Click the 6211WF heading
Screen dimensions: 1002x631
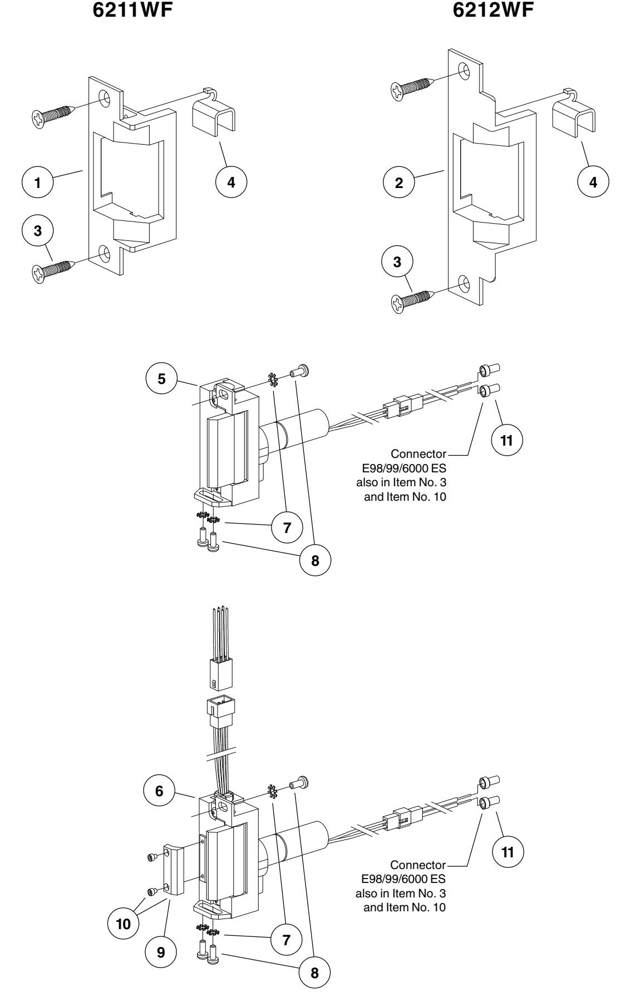point(127,9)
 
